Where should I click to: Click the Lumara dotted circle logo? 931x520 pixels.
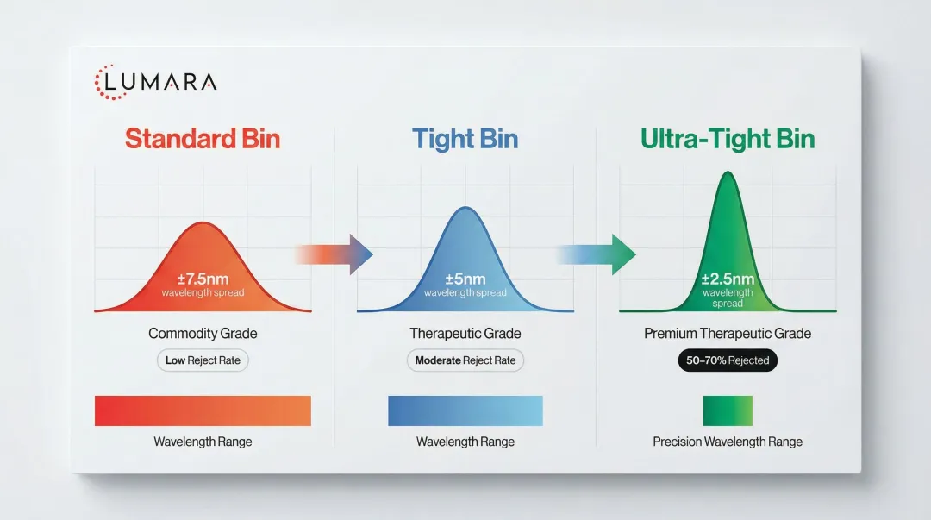click(108, 82)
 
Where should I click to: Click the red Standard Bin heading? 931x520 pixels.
click(203, 139)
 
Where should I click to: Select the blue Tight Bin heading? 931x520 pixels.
click(465, 139)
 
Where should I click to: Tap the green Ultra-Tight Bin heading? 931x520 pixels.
click(728, 139)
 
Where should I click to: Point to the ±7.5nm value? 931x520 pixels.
click(203, 279)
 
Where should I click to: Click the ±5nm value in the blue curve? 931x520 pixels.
click(465, 279)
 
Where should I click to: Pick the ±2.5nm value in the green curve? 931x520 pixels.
click(728, 279)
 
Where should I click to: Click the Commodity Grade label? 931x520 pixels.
click(203, 334)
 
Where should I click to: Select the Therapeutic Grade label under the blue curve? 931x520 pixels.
click(465, 334)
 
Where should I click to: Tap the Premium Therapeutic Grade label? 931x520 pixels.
click(728, 334)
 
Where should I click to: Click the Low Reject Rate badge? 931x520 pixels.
click(203, 360)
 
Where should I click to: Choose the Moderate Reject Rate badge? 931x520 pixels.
click(465, 360)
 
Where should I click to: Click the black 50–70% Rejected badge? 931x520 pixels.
click(728, 360)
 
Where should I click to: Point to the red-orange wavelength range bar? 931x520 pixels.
click(203, 410)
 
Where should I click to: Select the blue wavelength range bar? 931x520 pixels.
click(465, 410)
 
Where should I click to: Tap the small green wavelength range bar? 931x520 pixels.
click(728, 410)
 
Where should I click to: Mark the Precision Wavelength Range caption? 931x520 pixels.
click(728, 442)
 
